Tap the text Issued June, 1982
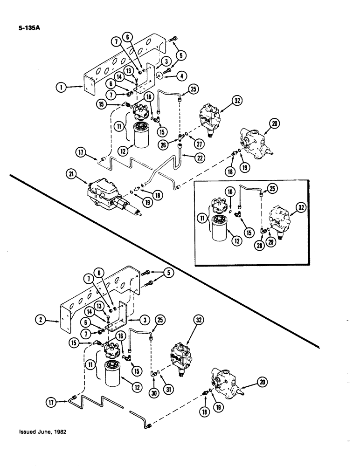[43, 432]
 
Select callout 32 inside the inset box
[301, 209]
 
